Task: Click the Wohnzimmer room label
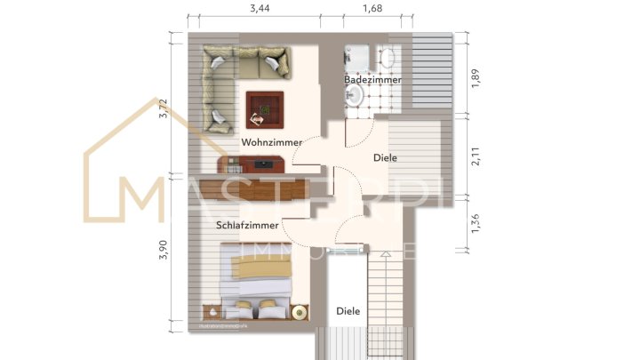(x=271, y=142)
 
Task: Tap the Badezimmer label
(x=372, y=80)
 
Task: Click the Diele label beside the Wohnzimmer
(x=385, y=157)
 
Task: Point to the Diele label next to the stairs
(x=348, y=311)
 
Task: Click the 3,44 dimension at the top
(x=260, y=9)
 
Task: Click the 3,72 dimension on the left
(x=163, y=108)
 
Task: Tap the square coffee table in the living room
(x=265, y=110)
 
